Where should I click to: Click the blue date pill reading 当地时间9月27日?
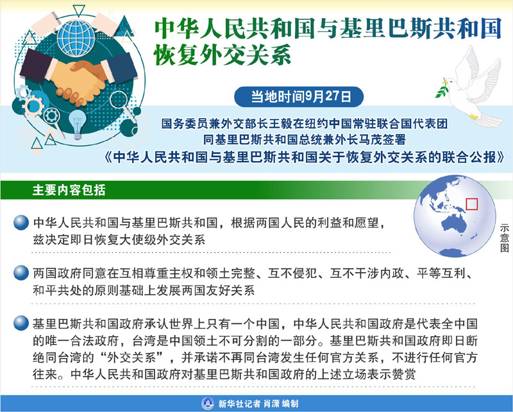[x=299, y=97]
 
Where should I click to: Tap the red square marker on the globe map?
[x=471, y=204]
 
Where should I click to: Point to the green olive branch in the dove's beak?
[x=442, y=88]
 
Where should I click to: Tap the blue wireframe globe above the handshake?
[x=76, y=38]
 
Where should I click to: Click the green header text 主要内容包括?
[x=69, y=190]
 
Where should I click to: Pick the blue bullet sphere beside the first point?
[x=21, y=223]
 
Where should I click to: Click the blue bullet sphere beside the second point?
[x=21, y=273]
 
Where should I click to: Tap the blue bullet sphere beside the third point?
[x=21, y=323]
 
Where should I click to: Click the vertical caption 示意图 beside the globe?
[x=504, y=238]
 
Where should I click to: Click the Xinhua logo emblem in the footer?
[x=207, y=403]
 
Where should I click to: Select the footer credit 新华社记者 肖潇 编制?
[x=258, y=404]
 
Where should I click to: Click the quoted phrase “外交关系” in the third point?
[x=131, y=357]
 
